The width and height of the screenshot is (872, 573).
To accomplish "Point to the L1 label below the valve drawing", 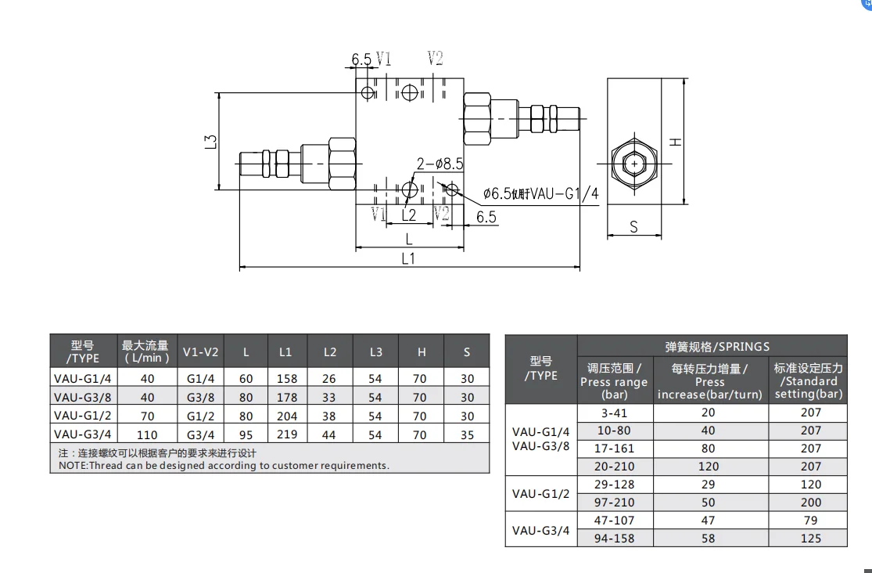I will tap(407, 259).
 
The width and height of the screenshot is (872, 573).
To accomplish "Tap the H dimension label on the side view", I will tap(676, 141).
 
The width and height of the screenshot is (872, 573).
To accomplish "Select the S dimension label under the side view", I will tap(633, 227).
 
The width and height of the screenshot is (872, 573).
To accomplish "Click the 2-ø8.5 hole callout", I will tap(440, 164).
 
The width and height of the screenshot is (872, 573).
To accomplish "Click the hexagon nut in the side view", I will tap(633, 164).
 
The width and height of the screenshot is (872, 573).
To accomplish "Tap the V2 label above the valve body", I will tap(436, 59).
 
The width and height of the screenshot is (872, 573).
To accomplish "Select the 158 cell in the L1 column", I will tap(287, 378).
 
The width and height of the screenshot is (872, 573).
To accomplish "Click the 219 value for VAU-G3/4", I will tap(287, 434).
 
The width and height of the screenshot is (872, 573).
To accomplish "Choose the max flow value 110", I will tap(147, 434).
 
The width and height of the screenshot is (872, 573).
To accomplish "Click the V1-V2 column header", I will tap(200, 352).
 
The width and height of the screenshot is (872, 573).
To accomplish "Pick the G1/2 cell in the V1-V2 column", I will tap(200, 416).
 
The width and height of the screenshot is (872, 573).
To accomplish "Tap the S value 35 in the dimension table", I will tap(467, 434).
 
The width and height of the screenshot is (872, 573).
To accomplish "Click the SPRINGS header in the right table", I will tap(712, 346).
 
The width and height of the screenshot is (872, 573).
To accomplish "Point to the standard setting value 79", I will tap(810, 521).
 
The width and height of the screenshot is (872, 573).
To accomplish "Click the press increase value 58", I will tap(709, 539).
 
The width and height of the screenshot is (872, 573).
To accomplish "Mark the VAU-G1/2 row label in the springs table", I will tap(540, 494).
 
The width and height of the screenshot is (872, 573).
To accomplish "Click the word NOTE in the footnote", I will tap(73, 465).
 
